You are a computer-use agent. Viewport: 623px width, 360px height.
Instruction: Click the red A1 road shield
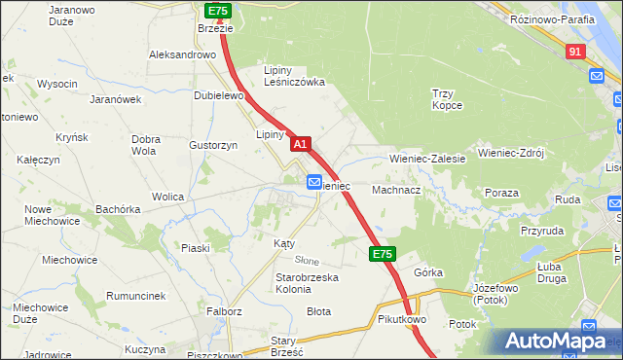tap(301, 143)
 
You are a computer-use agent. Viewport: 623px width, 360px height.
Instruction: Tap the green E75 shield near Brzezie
tap(217, 11)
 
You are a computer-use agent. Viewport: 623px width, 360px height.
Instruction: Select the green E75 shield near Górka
tap(383, 254)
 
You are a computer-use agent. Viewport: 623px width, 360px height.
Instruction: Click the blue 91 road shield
tap(575, 51)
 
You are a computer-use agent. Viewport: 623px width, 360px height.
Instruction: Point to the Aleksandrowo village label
tap(182, 55)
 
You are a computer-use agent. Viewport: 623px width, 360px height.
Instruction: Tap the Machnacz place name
tap(395, 191)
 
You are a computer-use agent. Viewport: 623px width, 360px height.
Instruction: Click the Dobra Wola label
tap(144, 145)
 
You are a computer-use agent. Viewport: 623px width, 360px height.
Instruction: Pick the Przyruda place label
tap(542, 232)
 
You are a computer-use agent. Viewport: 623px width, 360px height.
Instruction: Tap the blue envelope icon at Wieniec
tap(314, 182)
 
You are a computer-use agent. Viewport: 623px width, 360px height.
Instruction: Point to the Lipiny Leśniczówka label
tap(295, 76)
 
